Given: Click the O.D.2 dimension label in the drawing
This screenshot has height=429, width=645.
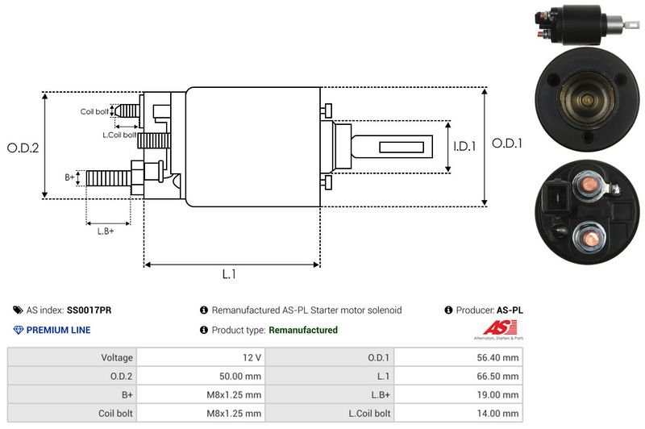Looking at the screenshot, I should coord(23,148).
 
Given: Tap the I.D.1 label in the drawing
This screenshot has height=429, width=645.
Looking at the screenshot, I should coord(465,147).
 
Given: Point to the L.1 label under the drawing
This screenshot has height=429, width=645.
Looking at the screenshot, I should coord(229,274).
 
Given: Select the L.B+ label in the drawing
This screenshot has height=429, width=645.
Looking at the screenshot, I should coord(106,231).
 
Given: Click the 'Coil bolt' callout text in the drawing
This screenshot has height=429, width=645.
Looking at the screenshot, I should coord(94,111).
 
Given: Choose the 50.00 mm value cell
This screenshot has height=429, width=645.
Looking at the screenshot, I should coord(241,376).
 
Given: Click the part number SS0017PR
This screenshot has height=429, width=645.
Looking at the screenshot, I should coord(89,310).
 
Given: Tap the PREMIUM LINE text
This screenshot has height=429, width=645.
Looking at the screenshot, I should coord(58,330).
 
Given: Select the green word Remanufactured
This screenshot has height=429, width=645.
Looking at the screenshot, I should coord(303,330).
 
